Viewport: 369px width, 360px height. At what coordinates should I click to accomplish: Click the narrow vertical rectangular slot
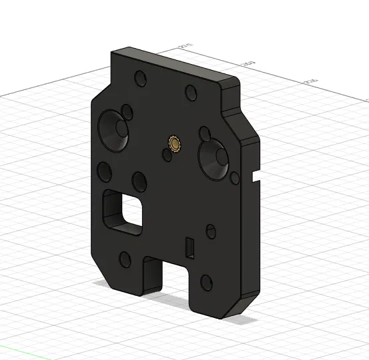190,247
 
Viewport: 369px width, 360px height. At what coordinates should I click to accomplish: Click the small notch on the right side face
256,177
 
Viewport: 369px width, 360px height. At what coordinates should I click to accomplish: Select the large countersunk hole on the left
114,128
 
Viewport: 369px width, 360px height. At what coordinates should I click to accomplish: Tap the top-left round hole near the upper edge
140,78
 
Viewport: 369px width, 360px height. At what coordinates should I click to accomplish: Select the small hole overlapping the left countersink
125,110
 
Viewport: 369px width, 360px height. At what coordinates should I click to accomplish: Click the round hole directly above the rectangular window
139,181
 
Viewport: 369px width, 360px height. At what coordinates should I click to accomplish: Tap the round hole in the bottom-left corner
124,259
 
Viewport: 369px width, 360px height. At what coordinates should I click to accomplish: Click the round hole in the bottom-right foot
205,283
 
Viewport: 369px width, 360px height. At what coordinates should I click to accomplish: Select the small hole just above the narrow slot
210,231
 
